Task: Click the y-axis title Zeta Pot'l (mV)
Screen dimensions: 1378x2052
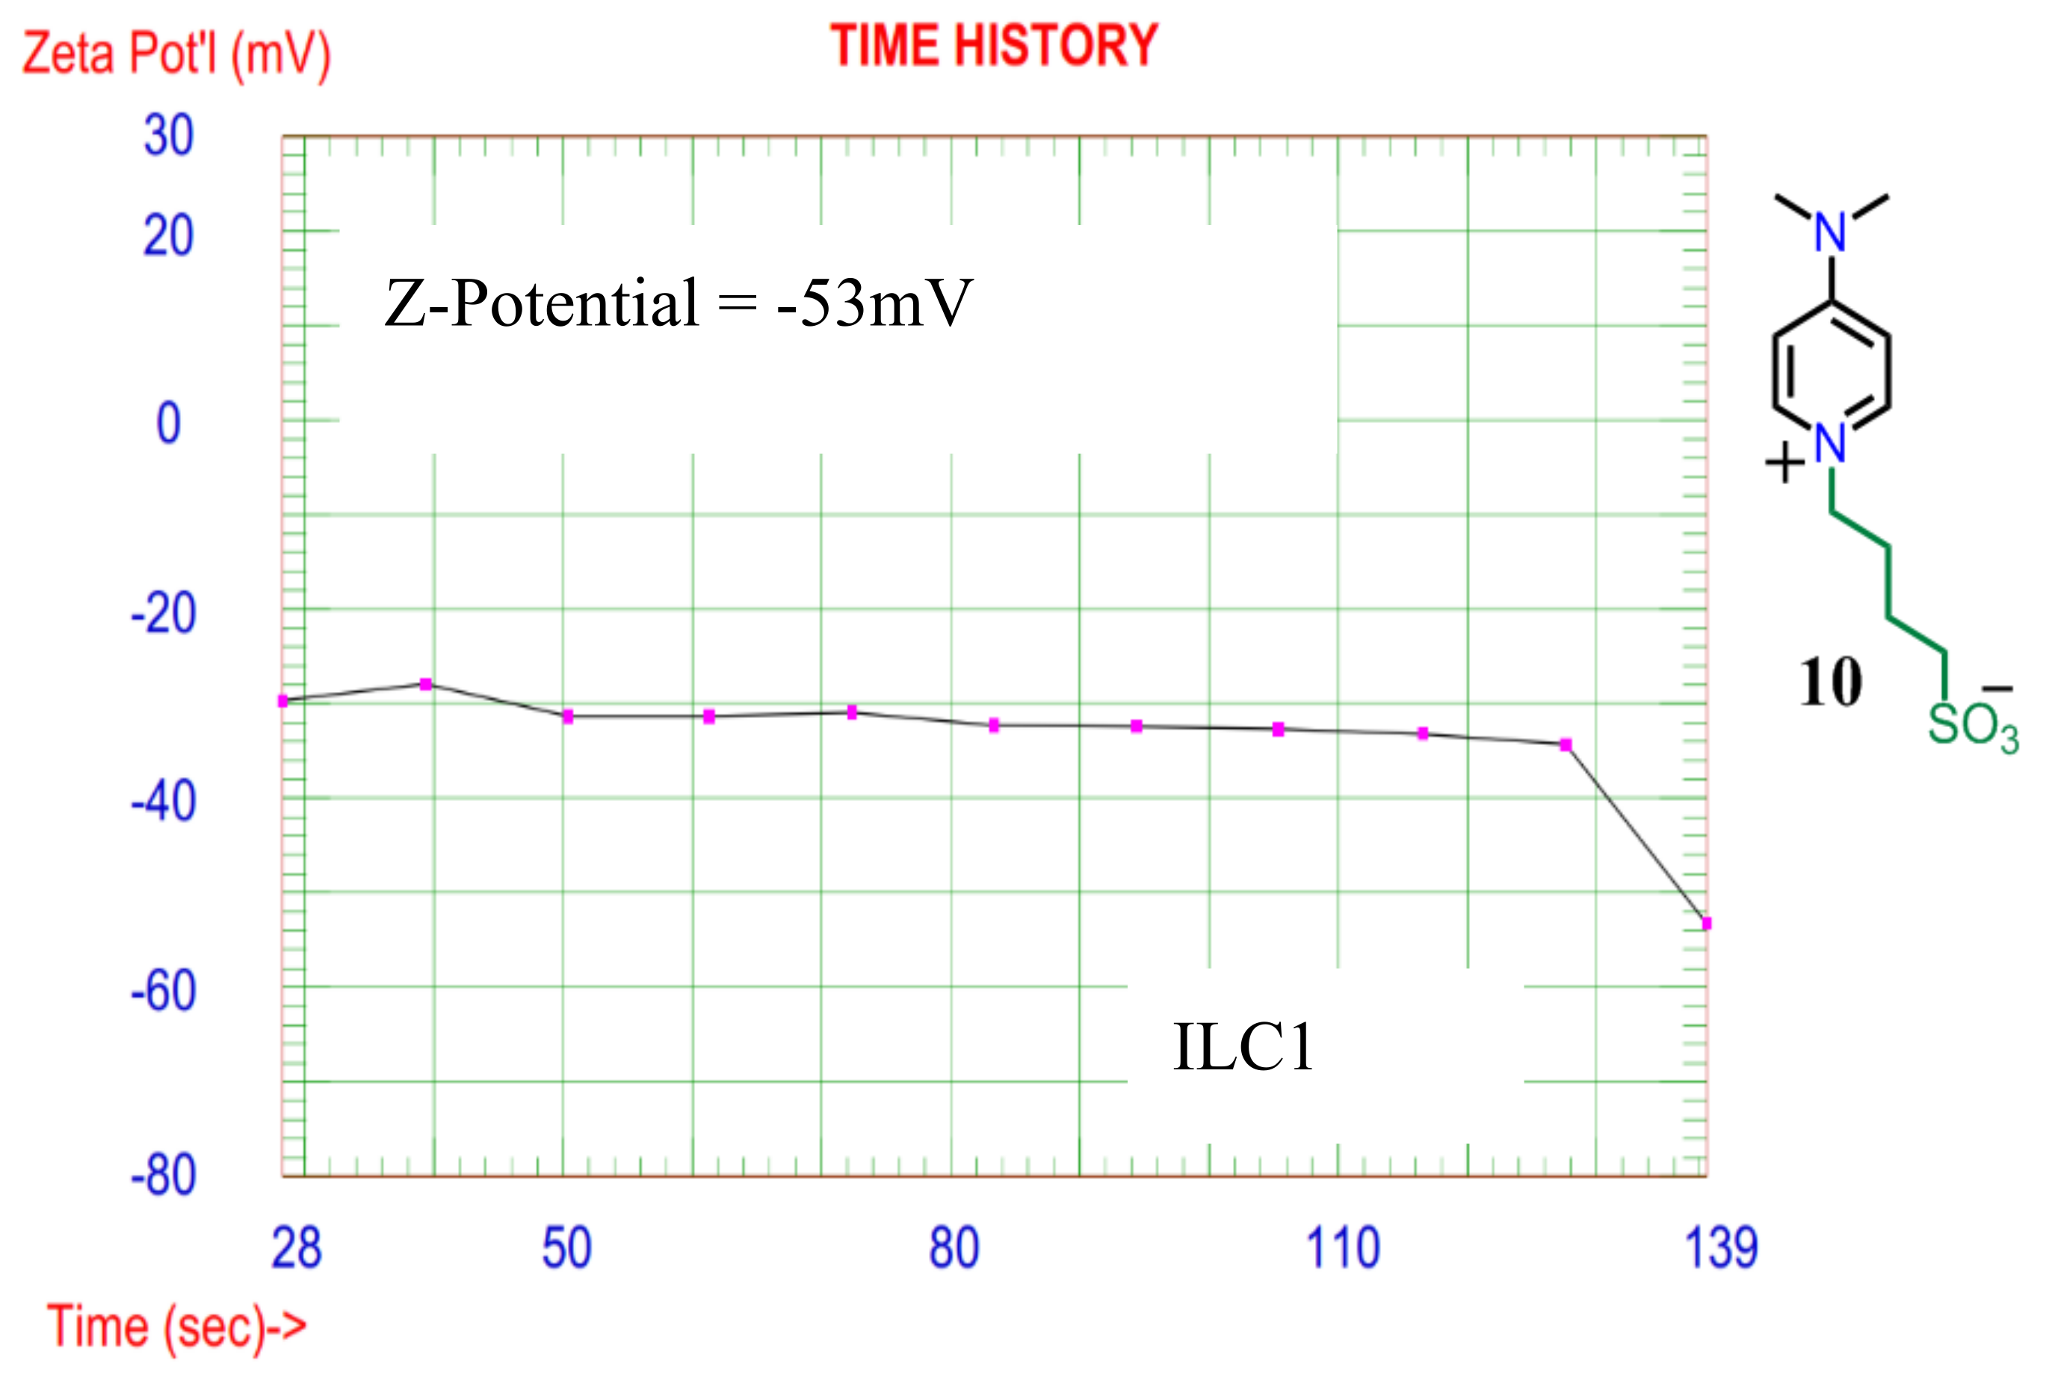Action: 176,55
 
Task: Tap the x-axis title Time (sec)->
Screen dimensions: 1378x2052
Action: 176,1326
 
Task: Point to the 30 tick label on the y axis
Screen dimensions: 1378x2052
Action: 168,136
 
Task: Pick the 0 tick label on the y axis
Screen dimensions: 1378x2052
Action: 168,424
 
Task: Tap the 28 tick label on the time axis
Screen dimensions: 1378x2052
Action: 296,1248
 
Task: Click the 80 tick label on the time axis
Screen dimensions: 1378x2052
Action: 954,1248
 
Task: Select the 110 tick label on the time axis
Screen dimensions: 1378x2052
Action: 1343,1248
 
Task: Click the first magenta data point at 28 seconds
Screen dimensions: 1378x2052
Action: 283,700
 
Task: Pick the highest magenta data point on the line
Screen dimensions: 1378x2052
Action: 425,684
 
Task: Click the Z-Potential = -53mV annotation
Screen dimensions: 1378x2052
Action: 679,303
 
